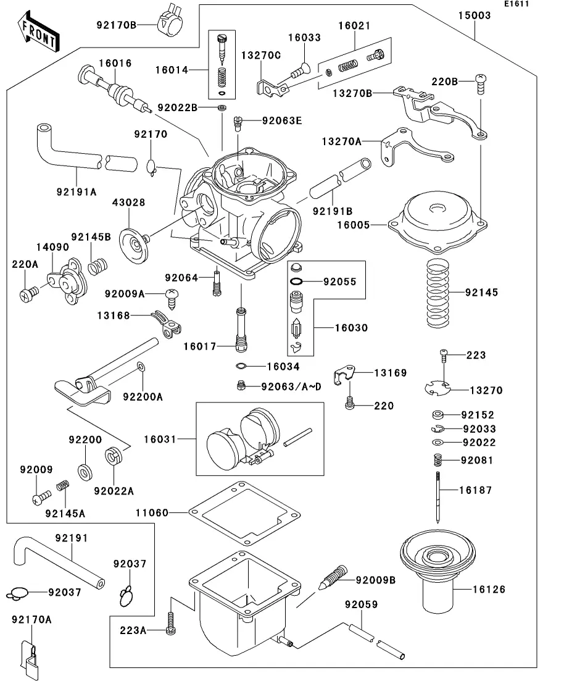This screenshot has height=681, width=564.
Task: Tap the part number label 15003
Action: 475,15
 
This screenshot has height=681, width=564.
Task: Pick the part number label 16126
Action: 489,590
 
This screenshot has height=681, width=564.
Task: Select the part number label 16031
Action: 160,440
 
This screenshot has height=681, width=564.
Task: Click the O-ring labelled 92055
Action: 297,282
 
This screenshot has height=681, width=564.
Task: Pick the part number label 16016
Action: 115,64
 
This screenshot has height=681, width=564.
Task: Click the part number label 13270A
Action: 341,141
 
